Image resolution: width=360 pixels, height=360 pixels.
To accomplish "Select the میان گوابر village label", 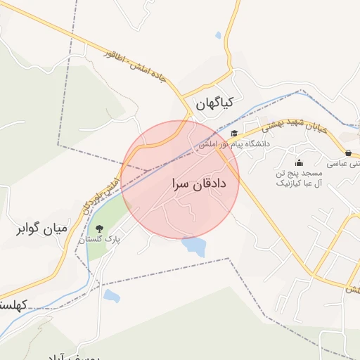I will click(x=43, y=229).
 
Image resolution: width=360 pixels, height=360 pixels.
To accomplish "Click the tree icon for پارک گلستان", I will click(x=99, y=228).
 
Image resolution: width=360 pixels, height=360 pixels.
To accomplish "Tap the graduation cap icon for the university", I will click(x=233, y=134).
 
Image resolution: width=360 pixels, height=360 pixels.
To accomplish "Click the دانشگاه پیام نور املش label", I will click(x=234, y=143).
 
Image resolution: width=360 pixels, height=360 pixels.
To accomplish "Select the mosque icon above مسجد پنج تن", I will click(x=299, y=164).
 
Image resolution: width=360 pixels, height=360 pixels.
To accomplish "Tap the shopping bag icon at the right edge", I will click(x=348, y=153).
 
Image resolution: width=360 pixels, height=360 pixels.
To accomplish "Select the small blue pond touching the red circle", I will click(x=194, y=246).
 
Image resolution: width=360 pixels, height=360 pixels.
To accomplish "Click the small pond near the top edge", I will click(x=218, y=35).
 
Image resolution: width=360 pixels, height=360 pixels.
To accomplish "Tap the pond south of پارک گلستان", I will click(x=112, y=296).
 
